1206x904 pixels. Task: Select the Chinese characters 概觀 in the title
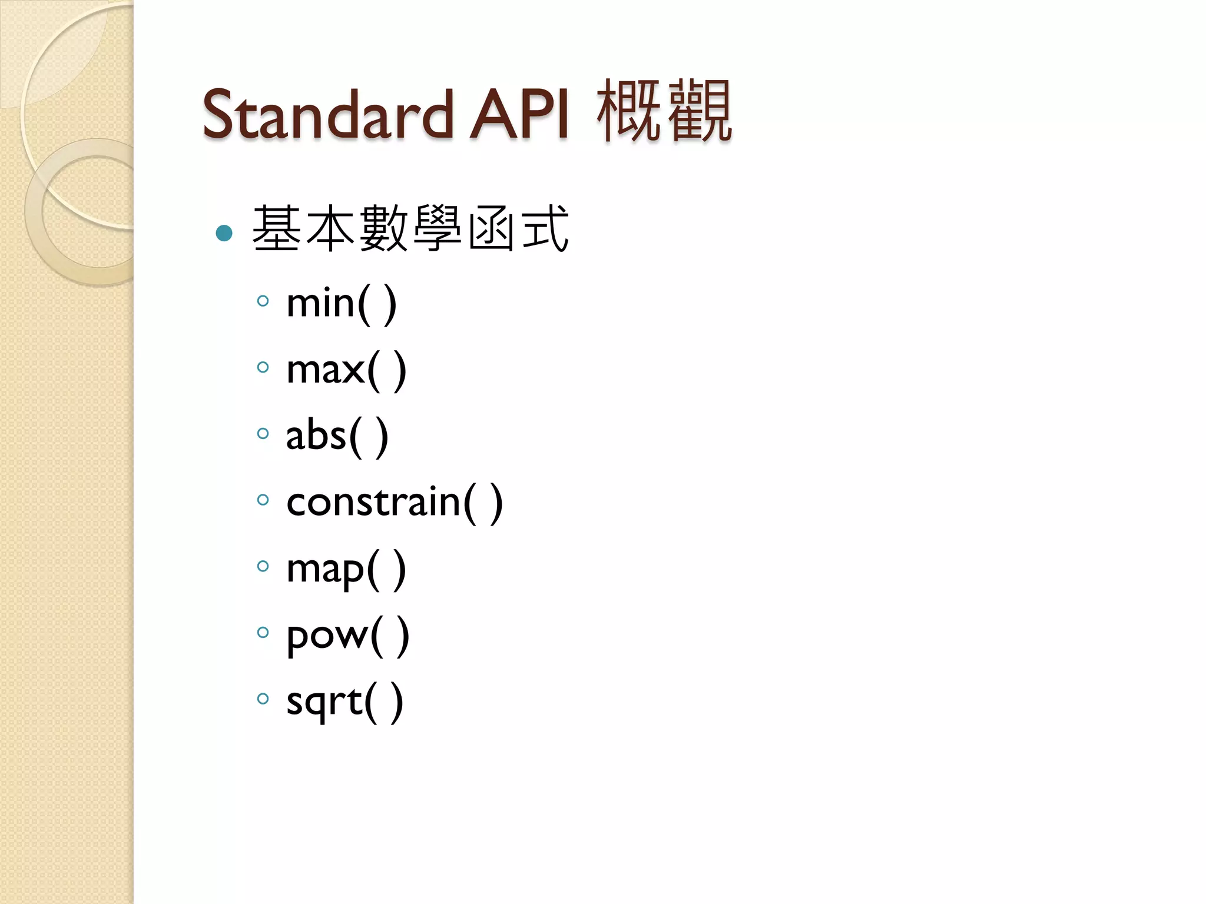click(x=664, y=111)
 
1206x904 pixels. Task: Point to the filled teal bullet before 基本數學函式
click(x=224, y=233)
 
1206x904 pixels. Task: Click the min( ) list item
click(x=341, y=304)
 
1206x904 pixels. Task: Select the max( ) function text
click(x=346, y=370)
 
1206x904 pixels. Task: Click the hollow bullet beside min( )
click(x=263, y=301)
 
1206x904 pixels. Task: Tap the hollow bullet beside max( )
click(x=263, y=368)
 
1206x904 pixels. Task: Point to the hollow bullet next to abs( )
click(x=263, y=434)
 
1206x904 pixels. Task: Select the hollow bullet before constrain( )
click(x=263, y=500)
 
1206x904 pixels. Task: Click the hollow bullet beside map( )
click(x=263, y=566)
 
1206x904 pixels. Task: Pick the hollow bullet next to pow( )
click(x=263, y=633)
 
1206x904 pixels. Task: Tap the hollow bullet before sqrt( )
click(x=263, y=699)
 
